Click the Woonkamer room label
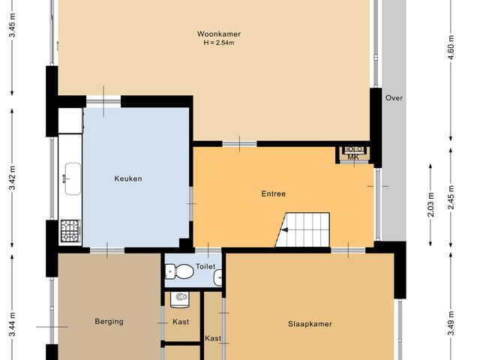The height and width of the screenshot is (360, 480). click(219, 34)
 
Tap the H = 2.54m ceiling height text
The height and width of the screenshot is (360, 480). click(219, 43)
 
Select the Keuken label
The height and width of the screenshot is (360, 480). click(128, 178)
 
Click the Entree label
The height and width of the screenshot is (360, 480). click(274, 193)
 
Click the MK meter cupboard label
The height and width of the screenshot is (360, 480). click(353, 157)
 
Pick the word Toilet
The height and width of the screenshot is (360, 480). click(205, 266)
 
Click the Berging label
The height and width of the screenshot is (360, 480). click(109, 322)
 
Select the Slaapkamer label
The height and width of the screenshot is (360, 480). click(310, 324)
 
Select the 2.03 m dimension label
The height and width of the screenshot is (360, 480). click(430, 203)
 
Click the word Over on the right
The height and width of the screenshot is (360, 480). click(394, 98)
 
